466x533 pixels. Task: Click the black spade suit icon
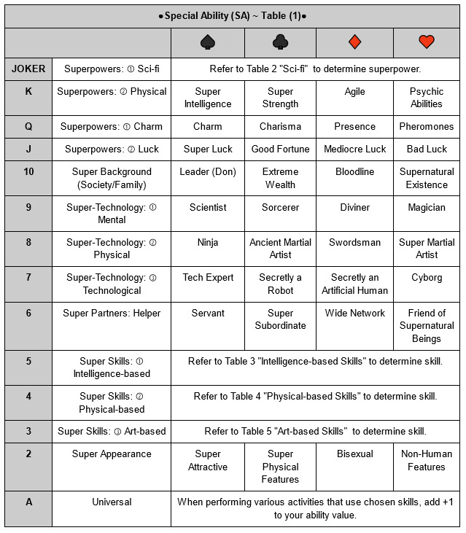point(207,42)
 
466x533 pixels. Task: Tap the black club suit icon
point(280,42)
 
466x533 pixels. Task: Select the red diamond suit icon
point(354,42)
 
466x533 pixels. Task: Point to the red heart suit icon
point(427,42)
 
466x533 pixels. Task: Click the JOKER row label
point(28,69)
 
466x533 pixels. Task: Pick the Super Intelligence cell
point(207,98)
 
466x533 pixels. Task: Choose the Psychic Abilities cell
point(427,98)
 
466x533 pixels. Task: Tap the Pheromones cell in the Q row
point(427,126)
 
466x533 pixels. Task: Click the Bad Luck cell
point(427,149)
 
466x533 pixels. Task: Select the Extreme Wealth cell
point(280,178)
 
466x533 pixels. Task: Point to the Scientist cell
point(207,207)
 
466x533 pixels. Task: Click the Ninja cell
point(207,242)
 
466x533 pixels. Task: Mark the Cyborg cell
point(427,277)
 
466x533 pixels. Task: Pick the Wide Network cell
point(354,313)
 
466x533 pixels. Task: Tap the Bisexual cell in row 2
point(354,454)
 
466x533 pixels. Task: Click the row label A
point(28,502)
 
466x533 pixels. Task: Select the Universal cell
point(112,502)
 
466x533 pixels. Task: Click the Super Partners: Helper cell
point(112,313)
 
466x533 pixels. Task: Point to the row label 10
point(28,172)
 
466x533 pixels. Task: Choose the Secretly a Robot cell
point(280,284)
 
